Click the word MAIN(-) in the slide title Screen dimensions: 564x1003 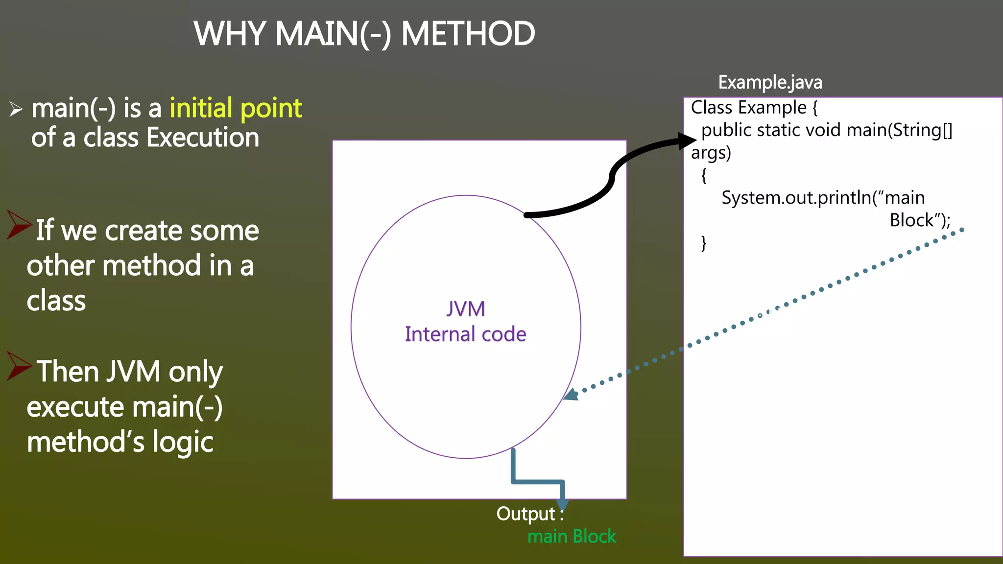pyautogui.click(x=333, y=34)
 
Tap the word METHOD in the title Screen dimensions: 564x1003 pyautogui.click(x=468, y=34)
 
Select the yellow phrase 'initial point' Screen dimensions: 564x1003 pyautogui.click(x=236, y=109)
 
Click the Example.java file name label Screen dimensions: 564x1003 pyautogui.click(x=770, y=82)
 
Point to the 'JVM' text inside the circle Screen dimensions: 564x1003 pyautogui.click(x=465, y=309)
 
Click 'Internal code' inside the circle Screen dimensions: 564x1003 pyautogui.click(x=465, y=334)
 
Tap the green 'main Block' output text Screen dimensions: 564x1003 pyautogui.click(x=572, y=537)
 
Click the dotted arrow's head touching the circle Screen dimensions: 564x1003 pyautogui.click(x=571, y=395)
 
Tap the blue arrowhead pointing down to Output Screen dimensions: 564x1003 pyautogui.click(x=562, y=504)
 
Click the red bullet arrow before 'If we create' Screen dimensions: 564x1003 pyautogui.click(x=19, y=225)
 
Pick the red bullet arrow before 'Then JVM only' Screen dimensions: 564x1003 pyautogui.click(x=19, y=366)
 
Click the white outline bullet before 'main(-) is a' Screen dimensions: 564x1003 pyautogui.click(x=16, y=109)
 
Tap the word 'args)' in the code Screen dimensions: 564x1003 pyautogui.click(x=711, y=153)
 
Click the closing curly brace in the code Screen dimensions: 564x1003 pyautogui.click(x=704, y=243)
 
